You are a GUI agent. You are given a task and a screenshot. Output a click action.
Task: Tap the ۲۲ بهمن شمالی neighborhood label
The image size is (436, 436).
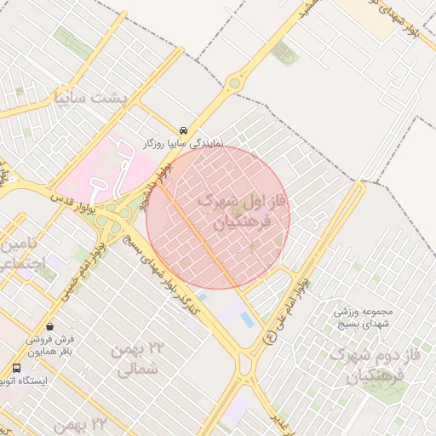pyautogui.click(x=136, y=358)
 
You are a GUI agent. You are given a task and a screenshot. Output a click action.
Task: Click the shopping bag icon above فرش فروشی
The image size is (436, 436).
pyautogui.click(x=50, y=325)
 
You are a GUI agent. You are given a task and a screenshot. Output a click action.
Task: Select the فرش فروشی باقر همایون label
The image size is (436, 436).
pyautogui.click(x=48, y=344)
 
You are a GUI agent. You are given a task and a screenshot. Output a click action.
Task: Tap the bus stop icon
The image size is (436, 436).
pyautogui.click(x=16, y=368)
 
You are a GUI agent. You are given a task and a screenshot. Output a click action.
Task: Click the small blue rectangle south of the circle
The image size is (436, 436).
pyautogui.click(x=247, y=318)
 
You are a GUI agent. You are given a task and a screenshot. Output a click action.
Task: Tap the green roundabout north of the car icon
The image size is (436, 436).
pyautogui.click(x=234, y=83)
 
